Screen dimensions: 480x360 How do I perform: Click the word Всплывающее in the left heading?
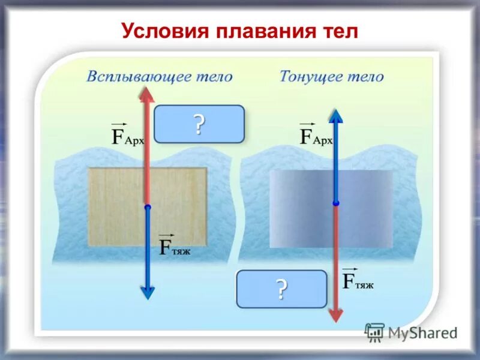point(135,77)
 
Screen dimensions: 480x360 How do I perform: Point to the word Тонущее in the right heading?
point(308,77)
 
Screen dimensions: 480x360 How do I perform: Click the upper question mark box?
point(199,124)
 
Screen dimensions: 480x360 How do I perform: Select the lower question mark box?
point(281,289)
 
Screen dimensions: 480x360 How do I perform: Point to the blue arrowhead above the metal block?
point(335,116)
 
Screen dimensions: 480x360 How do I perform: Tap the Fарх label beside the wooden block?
point(128,134)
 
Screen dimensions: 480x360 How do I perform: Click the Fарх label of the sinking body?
point(316,134)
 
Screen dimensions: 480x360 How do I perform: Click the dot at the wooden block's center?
point(148,207)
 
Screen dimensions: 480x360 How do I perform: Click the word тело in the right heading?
point(364,77)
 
